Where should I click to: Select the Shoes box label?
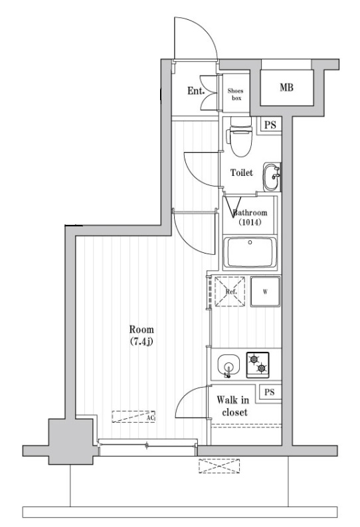pos(235,94)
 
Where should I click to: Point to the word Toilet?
pos(241,173)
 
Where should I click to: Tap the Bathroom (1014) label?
pos(250,218)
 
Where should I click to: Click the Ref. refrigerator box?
pos(230,291)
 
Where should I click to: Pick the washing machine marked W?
pos(265,291)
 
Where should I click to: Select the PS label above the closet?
pos(268,392)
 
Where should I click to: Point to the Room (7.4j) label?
pos(141,335)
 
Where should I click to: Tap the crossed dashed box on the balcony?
pos(218,466)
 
